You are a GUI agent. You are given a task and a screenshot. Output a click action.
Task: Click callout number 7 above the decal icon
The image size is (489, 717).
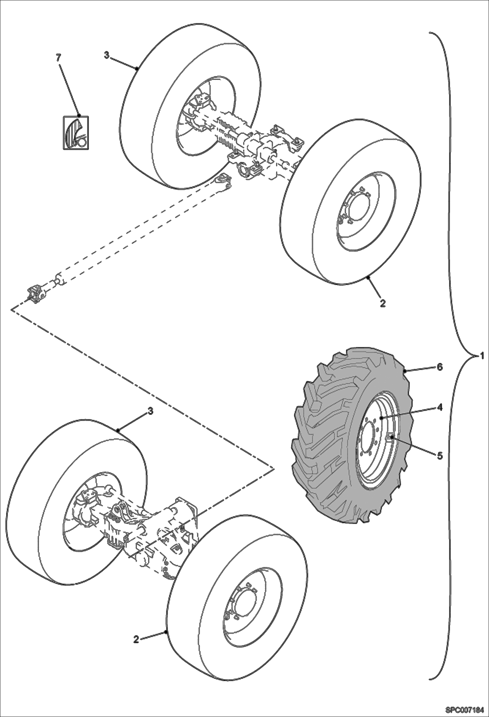click(58, 58)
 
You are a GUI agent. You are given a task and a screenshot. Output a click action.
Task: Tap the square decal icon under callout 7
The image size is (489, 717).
click(76, 133)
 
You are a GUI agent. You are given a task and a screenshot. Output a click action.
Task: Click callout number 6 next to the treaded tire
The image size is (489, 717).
click(440, 367)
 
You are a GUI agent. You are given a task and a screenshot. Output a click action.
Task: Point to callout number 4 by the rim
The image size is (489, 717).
click(440, 407)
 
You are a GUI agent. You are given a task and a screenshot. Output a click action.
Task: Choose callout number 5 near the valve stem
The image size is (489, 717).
click(440, 456)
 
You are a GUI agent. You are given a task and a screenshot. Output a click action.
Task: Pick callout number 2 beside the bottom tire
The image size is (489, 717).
click(136, 639)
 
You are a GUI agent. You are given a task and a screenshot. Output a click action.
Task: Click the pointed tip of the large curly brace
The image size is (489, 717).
click(475, 356)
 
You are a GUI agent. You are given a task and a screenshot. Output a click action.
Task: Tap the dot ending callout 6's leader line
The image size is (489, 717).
click(405, 371)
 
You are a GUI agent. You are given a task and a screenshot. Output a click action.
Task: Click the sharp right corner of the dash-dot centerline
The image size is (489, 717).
click(274, 468)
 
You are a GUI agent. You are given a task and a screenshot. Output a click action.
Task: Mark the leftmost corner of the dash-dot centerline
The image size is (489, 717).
click(11, 309)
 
